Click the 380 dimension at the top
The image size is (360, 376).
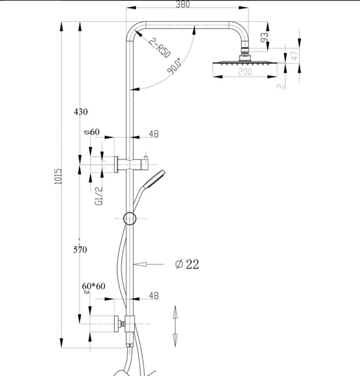click(x=183, y=4)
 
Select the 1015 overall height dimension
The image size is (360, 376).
click(x=58, y=177)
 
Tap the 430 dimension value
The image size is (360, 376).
click(x=81, y=112)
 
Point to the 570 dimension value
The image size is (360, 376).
click(x=80, y=250)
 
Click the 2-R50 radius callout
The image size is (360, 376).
click(x=160, y=48)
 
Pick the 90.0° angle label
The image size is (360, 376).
click(x=174, y=66)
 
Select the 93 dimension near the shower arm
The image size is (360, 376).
click(x=264, y=37)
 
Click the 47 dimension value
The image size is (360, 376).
click(x=295, y=55)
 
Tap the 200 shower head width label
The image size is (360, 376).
click(x=245, y=71)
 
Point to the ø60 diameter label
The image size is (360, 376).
click(x=91, y=132)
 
